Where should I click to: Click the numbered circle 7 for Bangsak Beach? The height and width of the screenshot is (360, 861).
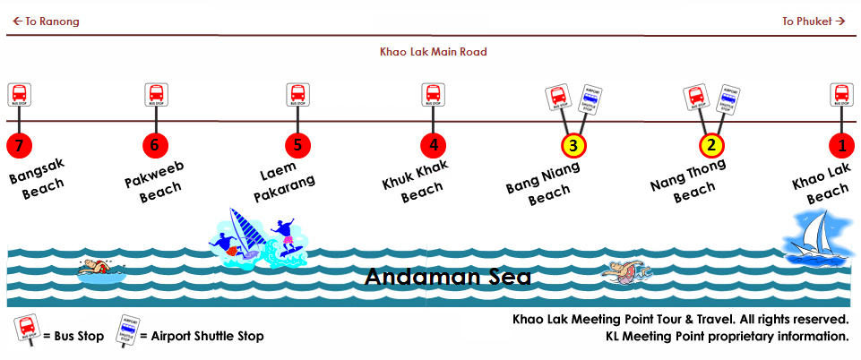coord(19,145)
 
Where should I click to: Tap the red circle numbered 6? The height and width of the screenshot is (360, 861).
coord(156,145)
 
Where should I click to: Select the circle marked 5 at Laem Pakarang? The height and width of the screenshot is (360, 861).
coord(297,145)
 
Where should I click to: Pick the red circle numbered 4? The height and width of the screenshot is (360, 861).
coord(433,145)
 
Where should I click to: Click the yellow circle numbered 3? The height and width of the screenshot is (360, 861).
coord(574,145)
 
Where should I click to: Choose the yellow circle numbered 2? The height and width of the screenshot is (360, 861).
coord(711,145)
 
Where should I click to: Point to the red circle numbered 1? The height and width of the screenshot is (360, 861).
coord(841,145)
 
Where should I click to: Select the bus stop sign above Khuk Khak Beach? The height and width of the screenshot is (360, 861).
coord(433,94)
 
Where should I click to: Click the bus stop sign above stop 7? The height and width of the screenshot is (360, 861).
coord(19,94)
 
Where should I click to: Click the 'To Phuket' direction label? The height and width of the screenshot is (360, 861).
coord(814,21)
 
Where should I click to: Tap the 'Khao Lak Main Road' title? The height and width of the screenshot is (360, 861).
coord(434,52)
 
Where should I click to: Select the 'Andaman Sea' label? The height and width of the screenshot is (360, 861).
coord(447,278)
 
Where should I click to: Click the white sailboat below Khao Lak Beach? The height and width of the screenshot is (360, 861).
coord(815,237)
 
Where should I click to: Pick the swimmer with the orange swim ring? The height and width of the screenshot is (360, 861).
coord(624,270)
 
